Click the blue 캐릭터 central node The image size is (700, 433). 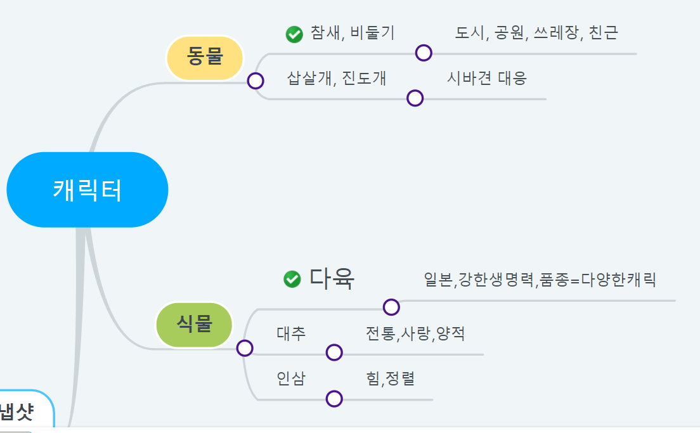click(x=87, y=190)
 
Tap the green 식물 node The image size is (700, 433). click(x=194, y=325)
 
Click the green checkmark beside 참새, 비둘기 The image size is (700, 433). click(x=294, y=34)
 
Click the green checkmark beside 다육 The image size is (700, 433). click(x=292, y=279)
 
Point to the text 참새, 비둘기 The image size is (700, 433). click(x=352, y=33)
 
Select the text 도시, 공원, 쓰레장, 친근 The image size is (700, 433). click(x=536, y=33)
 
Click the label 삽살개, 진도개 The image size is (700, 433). click(x=336, y=79)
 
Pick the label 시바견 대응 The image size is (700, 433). click(x=486, y=79)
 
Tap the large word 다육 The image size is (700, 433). click(x=332, y=279)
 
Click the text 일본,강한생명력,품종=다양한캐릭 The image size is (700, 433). click(x=540, y=280)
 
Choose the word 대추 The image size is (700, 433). click(x=291, y=333)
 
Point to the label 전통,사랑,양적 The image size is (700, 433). click(x=415, y=333)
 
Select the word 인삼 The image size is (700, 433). click(x=291, y=378)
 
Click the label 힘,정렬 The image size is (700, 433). click(x=390, y=379)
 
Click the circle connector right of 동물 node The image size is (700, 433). click(x=256, y=81)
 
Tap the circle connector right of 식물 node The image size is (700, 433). click(x=245, y=348)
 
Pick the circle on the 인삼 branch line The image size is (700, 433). click(x=334, y=399)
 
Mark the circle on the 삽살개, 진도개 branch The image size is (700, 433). click(x=415, y=98)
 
